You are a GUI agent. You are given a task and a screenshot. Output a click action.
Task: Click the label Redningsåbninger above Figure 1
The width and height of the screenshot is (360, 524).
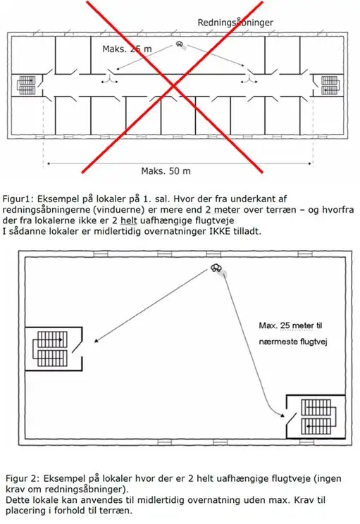(235, 23)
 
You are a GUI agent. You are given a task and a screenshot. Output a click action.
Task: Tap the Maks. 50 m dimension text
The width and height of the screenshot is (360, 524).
(166, 171)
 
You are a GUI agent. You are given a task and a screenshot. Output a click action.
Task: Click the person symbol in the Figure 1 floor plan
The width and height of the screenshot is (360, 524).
(180, 44)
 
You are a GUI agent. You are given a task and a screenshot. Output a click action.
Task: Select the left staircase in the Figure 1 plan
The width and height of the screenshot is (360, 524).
(27, 85)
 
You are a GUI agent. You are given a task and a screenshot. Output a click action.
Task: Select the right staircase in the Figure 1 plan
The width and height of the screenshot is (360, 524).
(330, 85)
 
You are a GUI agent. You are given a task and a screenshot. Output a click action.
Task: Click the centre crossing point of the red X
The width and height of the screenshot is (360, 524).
(173, 87)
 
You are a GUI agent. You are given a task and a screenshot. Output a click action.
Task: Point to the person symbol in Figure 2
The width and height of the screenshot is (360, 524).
(217, 268)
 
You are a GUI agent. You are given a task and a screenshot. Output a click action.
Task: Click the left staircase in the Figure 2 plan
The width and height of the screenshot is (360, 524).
(50, 349)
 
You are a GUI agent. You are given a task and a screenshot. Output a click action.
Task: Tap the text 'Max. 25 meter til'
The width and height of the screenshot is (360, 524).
(290, 325)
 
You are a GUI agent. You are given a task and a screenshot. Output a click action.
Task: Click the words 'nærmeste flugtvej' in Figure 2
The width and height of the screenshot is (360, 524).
(293, 342)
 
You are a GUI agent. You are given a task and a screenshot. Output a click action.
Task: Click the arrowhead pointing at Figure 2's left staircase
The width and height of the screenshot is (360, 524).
(97, 341)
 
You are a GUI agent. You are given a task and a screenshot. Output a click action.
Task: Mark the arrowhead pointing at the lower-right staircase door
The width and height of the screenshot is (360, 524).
(283, 416)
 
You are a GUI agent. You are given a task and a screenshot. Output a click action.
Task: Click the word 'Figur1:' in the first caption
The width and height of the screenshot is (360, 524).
(18, 199)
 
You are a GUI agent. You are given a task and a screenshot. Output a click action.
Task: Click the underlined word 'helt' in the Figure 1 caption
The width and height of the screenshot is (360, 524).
(129, 220)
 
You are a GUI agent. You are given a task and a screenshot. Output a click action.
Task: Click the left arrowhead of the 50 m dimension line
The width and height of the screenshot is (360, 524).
(49, 163)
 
